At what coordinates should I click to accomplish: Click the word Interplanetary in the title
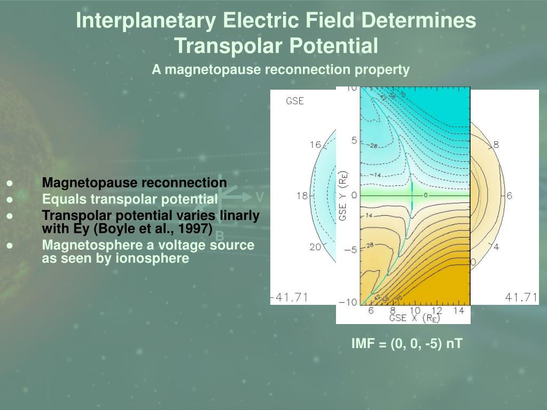[146, 21]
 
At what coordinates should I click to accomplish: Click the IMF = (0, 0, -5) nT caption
[407, 344]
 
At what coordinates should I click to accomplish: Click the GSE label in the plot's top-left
[295, 101]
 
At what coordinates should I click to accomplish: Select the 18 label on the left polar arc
[302, 196]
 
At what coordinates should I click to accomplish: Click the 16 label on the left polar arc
[315, 145]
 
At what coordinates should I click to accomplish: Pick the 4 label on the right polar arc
[496, 247]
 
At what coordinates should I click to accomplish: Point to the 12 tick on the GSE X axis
[437, 311]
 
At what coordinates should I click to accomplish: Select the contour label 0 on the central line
[426, 195]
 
